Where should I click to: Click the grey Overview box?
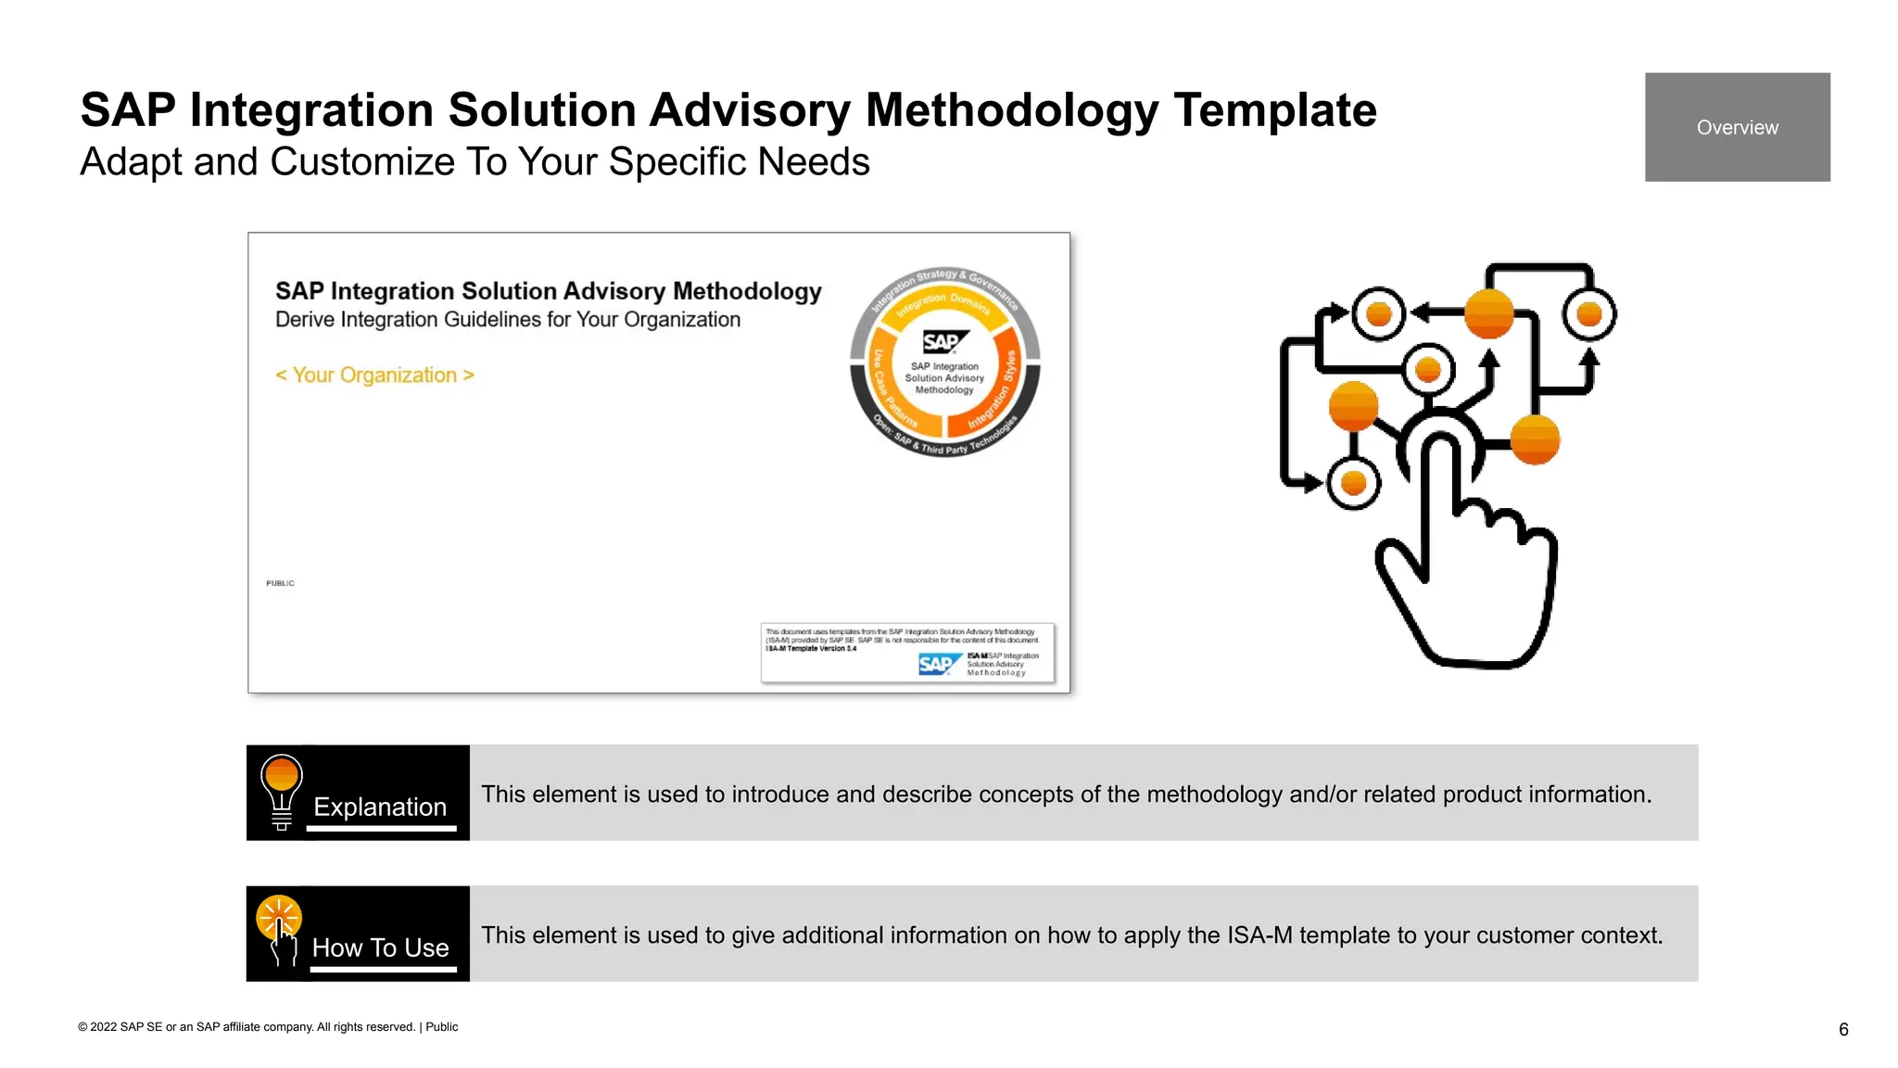[x=1737, y=127]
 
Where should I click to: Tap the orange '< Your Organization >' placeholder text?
[x=374, y=375]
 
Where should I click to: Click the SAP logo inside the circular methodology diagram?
[x=943, y=342]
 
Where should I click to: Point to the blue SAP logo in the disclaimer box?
[x=937, y=664]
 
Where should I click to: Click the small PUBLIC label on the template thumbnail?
[x=280, y=583]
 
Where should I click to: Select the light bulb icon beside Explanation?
[x=281, y=791]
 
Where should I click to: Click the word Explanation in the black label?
[x=380, y=807]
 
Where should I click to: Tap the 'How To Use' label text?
[x=380, y=947]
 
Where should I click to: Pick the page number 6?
[x=1843, y=1030]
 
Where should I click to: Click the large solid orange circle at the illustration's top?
[x=1488, y=313]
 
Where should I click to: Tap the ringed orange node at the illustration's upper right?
[x=1588, y=314]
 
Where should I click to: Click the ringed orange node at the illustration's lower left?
[x=1353, y=483]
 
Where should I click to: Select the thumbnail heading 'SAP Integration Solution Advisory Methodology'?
[x=548, y=291]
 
